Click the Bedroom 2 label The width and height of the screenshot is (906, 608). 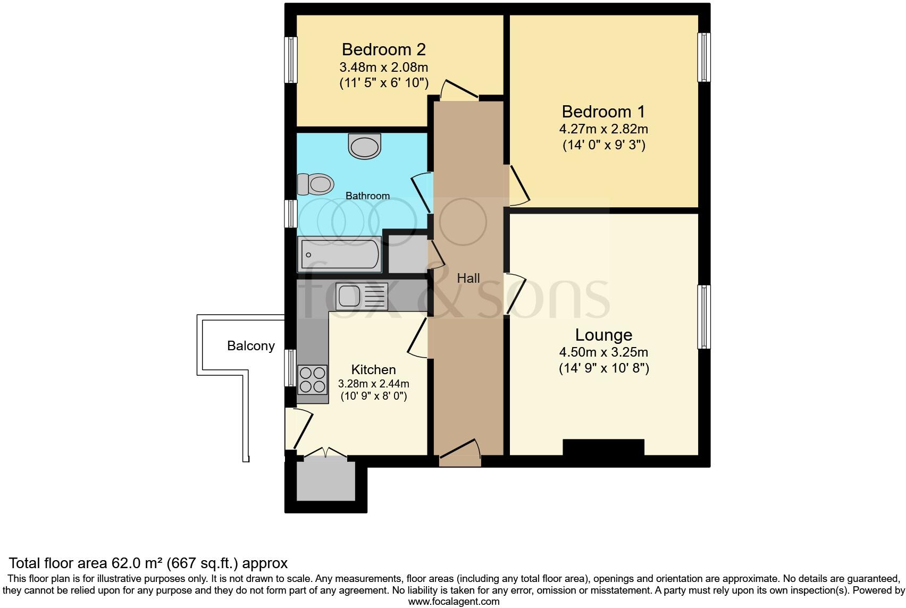click(x=383, y=49)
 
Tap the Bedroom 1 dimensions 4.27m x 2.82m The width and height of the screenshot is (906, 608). click(x=603, y=129)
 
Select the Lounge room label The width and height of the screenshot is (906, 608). click(x=603, y=335)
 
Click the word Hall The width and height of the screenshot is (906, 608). click(x=468, y=278)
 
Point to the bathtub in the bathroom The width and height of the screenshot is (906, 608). click(x=340, y=255)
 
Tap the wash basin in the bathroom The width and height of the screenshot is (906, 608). click(x=365, y=146)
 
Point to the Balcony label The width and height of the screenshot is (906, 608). click(x=250, y=346)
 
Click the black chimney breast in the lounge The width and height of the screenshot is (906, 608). click(x=603, y=447)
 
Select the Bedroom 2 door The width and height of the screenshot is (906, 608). click(x=457, y=91)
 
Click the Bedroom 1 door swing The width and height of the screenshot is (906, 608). click(x=518, y=186)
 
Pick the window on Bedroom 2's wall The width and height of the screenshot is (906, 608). click(x=291, y=60)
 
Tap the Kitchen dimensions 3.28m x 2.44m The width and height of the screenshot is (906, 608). click(x=373, y=383)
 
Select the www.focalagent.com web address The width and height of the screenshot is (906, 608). click(x=454, y=602)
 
